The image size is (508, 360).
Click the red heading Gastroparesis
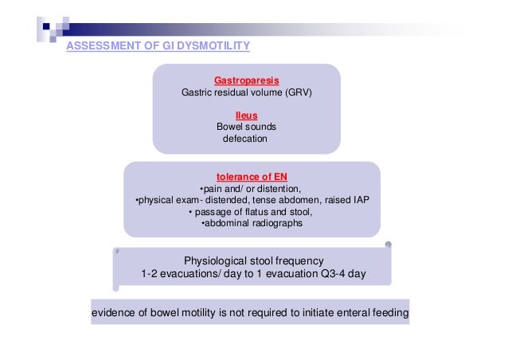[x=246, y=81]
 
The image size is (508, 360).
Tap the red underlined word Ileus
[x=246, y=115]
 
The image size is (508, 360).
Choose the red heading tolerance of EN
[x=251, y=176]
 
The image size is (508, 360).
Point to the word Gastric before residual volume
[x=197, y=92]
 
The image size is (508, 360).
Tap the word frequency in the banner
[x=300, y=260]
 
